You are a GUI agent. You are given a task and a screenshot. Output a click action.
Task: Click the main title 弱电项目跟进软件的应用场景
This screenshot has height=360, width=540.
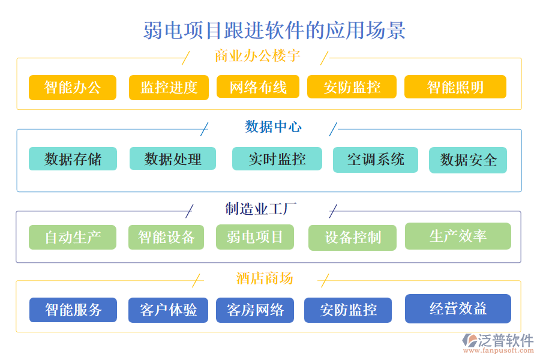coord(274,30)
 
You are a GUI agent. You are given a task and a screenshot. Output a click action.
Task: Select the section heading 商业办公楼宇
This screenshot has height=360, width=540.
coord(257,56)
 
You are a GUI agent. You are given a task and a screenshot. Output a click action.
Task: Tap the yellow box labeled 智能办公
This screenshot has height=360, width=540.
coord(73,88)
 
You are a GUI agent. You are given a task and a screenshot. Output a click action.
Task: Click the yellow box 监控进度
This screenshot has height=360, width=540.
coord(169,88)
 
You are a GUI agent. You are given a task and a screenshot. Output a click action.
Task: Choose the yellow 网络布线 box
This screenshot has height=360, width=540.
coord(258,87)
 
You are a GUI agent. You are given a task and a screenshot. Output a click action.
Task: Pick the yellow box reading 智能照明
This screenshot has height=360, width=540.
coord(455,87)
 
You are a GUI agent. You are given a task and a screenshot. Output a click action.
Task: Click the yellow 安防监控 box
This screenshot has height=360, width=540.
coord(352,87)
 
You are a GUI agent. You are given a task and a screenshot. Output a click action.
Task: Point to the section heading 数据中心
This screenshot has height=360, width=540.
coord(273,127)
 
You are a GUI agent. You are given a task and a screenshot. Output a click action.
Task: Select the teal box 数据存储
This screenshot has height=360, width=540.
coord(73,159)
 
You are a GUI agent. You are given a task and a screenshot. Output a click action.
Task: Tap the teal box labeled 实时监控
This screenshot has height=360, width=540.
coord(277,159)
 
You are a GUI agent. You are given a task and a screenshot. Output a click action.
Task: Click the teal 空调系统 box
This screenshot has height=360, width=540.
coord(376,160)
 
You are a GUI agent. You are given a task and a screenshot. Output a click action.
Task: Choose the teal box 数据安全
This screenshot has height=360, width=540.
coord(468,160)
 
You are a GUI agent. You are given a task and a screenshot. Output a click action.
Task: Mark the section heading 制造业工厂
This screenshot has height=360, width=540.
coord(261,209)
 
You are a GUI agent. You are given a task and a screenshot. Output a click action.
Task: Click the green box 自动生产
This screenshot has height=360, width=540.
coord(73,237)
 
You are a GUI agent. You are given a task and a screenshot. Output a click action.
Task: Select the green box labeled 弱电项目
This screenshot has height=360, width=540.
coord(255,237)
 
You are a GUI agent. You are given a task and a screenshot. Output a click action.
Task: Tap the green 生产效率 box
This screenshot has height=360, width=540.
coord(458,236)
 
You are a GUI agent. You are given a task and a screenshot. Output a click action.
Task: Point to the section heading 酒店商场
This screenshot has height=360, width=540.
coord(265,278)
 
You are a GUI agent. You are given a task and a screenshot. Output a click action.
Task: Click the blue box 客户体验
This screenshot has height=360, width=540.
coord(168,310)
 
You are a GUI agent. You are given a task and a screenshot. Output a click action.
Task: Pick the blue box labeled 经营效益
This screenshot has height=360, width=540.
coord(458,309)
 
